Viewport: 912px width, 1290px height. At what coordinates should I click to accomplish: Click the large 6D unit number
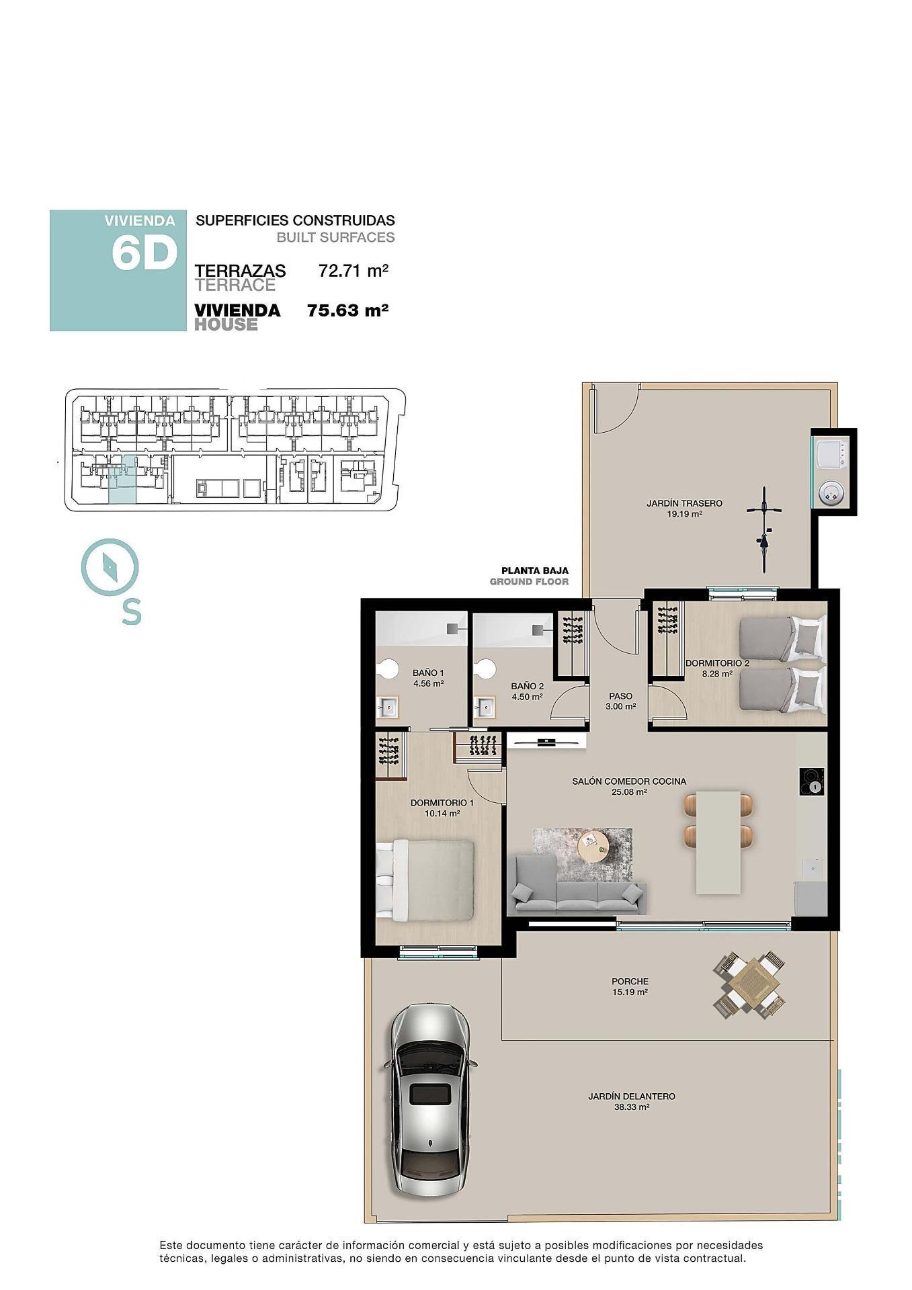[144, 254]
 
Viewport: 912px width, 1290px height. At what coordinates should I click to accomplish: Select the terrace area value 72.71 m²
[354, 271]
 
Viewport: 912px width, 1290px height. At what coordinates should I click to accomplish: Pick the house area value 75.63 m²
[347, 310]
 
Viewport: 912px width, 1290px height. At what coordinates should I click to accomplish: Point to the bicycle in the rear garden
[764, 529]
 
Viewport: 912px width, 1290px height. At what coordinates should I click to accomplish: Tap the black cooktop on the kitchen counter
[812, 781]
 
